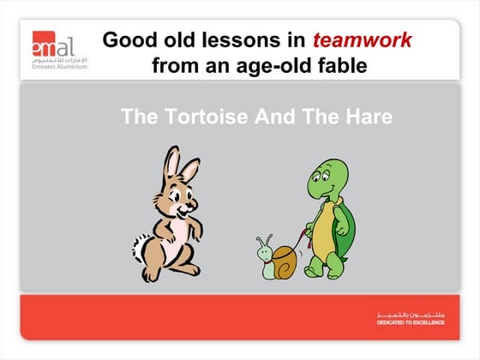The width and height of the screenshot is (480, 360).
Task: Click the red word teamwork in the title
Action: (x=362, y=40)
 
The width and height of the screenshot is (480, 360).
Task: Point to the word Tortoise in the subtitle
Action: (x=210, y=117)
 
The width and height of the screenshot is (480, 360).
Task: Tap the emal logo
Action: (x=53, y=42)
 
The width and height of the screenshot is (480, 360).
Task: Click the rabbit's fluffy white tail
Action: (x=141, y=249)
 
